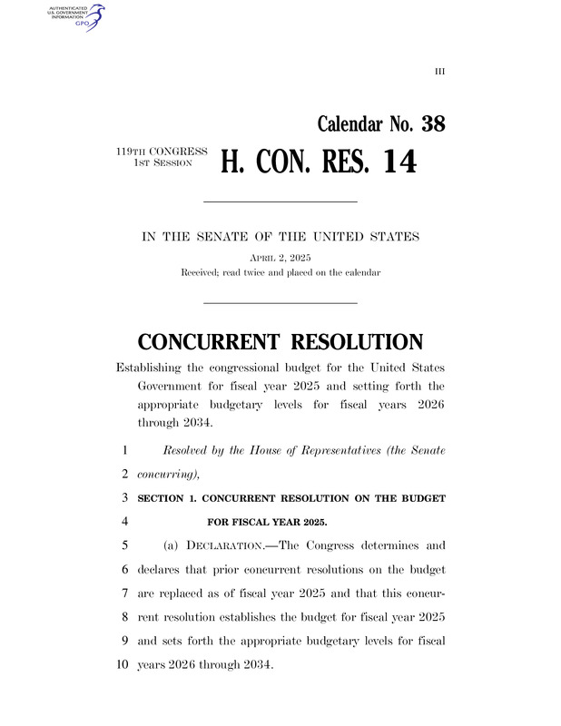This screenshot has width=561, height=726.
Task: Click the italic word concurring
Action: [x=163, y=474]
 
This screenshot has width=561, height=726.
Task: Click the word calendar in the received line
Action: [x=360, y=272]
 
